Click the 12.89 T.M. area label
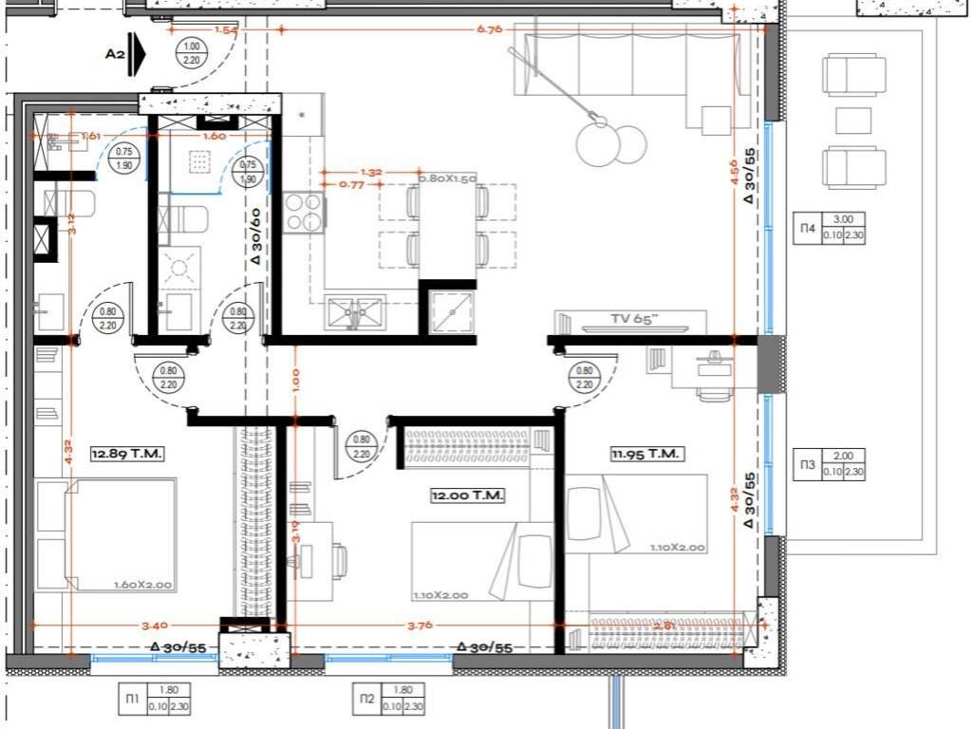[x=127, y=455]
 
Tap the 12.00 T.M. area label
[x=465, y=495]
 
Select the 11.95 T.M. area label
[x=645, y=455]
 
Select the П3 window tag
[x=806, y=464]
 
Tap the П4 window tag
[x=806, y=228]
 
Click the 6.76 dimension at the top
[x=491, y=29]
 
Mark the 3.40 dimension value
[x=126, y=625]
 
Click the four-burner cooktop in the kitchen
[x=304, y=212]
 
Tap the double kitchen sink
[x=354, y=311]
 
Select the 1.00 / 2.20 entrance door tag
[x=193, y=53]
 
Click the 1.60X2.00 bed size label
[x=142, y=585]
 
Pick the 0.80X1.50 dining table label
[x=447, y=178]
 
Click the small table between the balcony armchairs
[x=853, y=121]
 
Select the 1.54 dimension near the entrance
[x=226, y=29]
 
